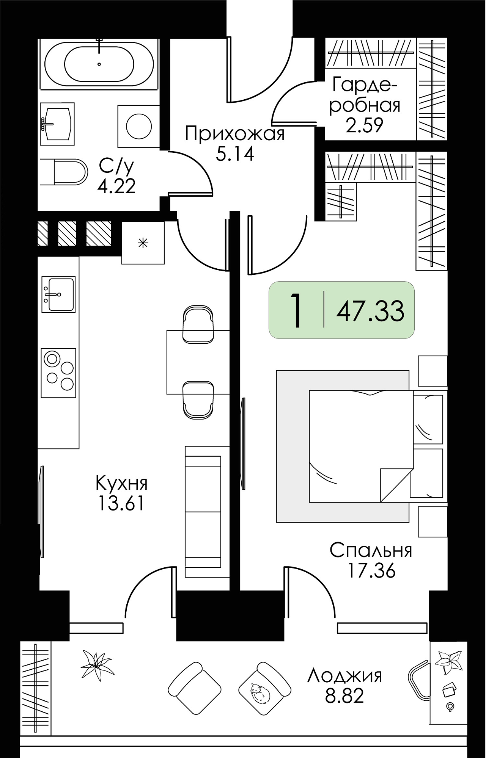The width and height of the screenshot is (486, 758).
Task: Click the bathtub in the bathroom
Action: click(99, 64)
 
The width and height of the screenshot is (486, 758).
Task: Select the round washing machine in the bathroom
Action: click(138, 126)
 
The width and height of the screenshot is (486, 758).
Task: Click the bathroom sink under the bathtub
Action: click(58, 124)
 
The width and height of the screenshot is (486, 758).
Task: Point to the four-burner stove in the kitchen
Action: click(58, 373)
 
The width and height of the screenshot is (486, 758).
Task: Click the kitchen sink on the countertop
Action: click(58, 294)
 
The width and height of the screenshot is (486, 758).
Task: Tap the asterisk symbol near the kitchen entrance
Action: click(143, 243)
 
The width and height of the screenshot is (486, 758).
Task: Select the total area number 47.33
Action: click(370, 311)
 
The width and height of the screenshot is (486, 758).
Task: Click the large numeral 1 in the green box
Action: click(296, 310)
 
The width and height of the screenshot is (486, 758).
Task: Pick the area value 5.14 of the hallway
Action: click(235, 154)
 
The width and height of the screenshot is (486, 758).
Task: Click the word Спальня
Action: click(371, 550)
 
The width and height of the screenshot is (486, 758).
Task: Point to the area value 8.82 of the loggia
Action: click(344, 695)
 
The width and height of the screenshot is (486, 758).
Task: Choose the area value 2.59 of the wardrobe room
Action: click(365, 125)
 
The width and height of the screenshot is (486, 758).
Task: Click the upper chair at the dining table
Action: click(198, 324)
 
